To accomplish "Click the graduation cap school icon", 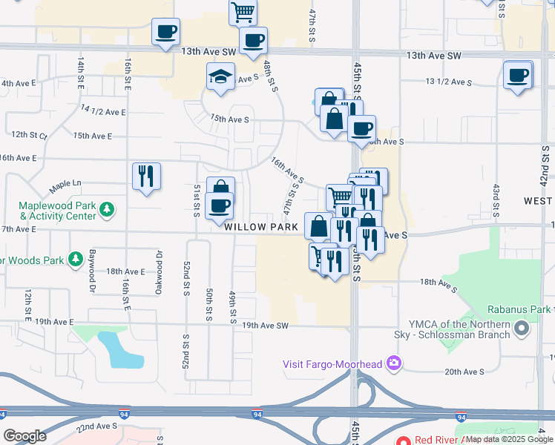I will [220, 77].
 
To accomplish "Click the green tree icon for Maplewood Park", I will [108, 208].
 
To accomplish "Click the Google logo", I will [24, 435].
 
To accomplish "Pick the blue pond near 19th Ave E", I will [122, 351].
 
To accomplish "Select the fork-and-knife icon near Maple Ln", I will [145, 177].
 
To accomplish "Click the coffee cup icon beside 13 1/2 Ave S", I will [518, 75].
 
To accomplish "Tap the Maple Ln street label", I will [65, 184].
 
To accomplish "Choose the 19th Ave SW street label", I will [264, 326].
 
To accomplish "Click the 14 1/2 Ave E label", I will [103, 112].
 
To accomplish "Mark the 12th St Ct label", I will [29, 136].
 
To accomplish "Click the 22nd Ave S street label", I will [96, 426].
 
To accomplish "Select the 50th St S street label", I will [211, 305].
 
